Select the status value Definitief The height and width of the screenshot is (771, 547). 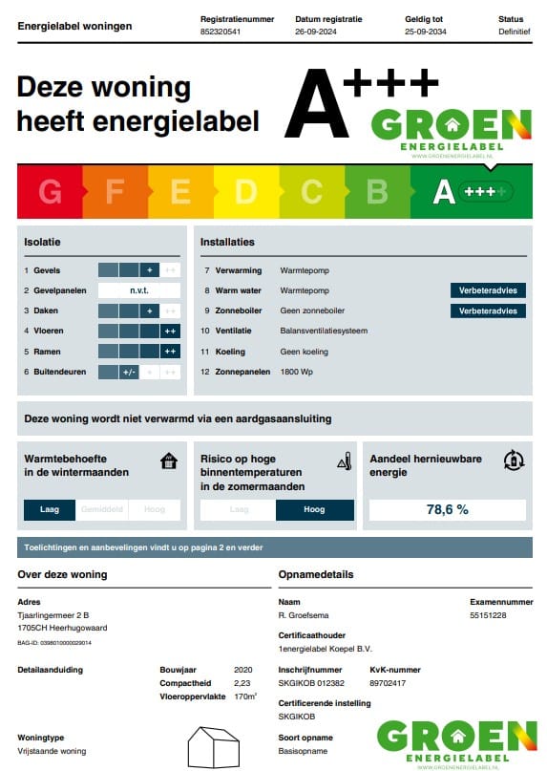point(514,32)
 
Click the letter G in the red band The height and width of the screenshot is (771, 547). point(50,192)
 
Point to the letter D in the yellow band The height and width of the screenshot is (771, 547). point(246,192)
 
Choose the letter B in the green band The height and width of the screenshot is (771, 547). point(377,192)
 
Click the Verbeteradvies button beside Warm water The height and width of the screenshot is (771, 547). point(488,290)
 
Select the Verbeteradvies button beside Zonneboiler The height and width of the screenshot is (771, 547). point(488,311)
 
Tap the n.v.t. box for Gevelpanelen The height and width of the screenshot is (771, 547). point(139,290)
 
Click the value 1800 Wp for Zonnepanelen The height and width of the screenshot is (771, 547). point(297,372)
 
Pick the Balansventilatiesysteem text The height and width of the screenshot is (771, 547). point(324,331)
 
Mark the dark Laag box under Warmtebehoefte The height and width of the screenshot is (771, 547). point(50,510)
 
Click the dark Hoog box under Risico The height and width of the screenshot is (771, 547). point(314,510)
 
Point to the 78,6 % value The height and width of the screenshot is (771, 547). point(447,510)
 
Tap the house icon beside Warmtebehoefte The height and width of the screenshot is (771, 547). point(169,462)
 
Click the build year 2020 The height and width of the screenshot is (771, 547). point(242,670)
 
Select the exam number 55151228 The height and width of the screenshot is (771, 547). point(489,615)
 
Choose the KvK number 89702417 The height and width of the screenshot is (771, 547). point(389,683)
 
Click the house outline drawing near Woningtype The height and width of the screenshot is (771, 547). point(212,746)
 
